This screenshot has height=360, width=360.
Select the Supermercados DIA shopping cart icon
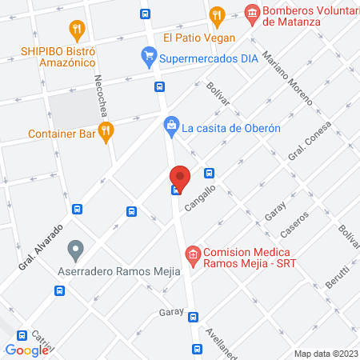pos(148,57)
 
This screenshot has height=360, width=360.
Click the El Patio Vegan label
pos(199,38)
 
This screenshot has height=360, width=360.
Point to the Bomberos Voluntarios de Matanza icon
pos(253,14)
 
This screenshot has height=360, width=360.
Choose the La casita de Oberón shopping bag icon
pos(170,125)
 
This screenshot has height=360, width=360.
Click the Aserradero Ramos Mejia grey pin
pos(76,250)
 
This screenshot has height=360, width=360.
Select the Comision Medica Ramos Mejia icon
pos(192,257)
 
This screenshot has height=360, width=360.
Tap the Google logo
pos(26,350)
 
